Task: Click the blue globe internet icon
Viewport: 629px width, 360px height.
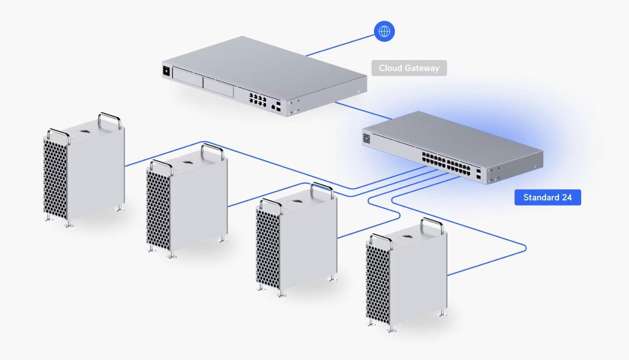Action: (x=384, y=31)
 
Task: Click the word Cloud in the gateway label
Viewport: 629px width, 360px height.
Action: (x=390, y=68)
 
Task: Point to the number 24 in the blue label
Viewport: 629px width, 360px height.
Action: (x=567, y=198)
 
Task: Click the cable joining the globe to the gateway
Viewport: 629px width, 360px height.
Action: (x=339, y=45)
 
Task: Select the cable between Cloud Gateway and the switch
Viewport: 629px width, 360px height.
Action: (x=362, y=111)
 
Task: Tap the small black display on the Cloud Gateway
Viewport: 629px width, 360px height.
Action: (x=166, y=71)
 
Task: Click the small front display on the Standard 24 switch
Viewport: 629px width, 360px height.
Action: (x=367, y=139)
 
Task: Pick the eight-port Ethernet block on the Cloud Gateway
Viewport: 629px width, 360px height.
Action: (x=257, y=99)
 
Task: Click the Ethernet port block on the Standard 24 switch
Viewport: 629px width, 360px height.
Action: (x=446, y=163)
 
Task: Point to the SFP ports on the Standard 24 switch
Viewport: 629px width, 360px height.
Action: (x=478, y=174)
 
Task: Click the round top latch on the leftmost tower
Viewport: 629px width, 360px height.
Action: (x=85, y=132)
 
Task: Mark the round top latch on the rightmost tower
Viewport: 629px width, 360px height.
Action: (x=407, y=236)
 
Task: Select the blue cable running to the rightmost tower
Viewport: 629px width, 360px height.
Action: (x=486, y=262)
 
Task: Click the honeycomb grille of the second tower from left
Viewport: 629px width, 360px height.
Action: (x=158, y=210)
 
